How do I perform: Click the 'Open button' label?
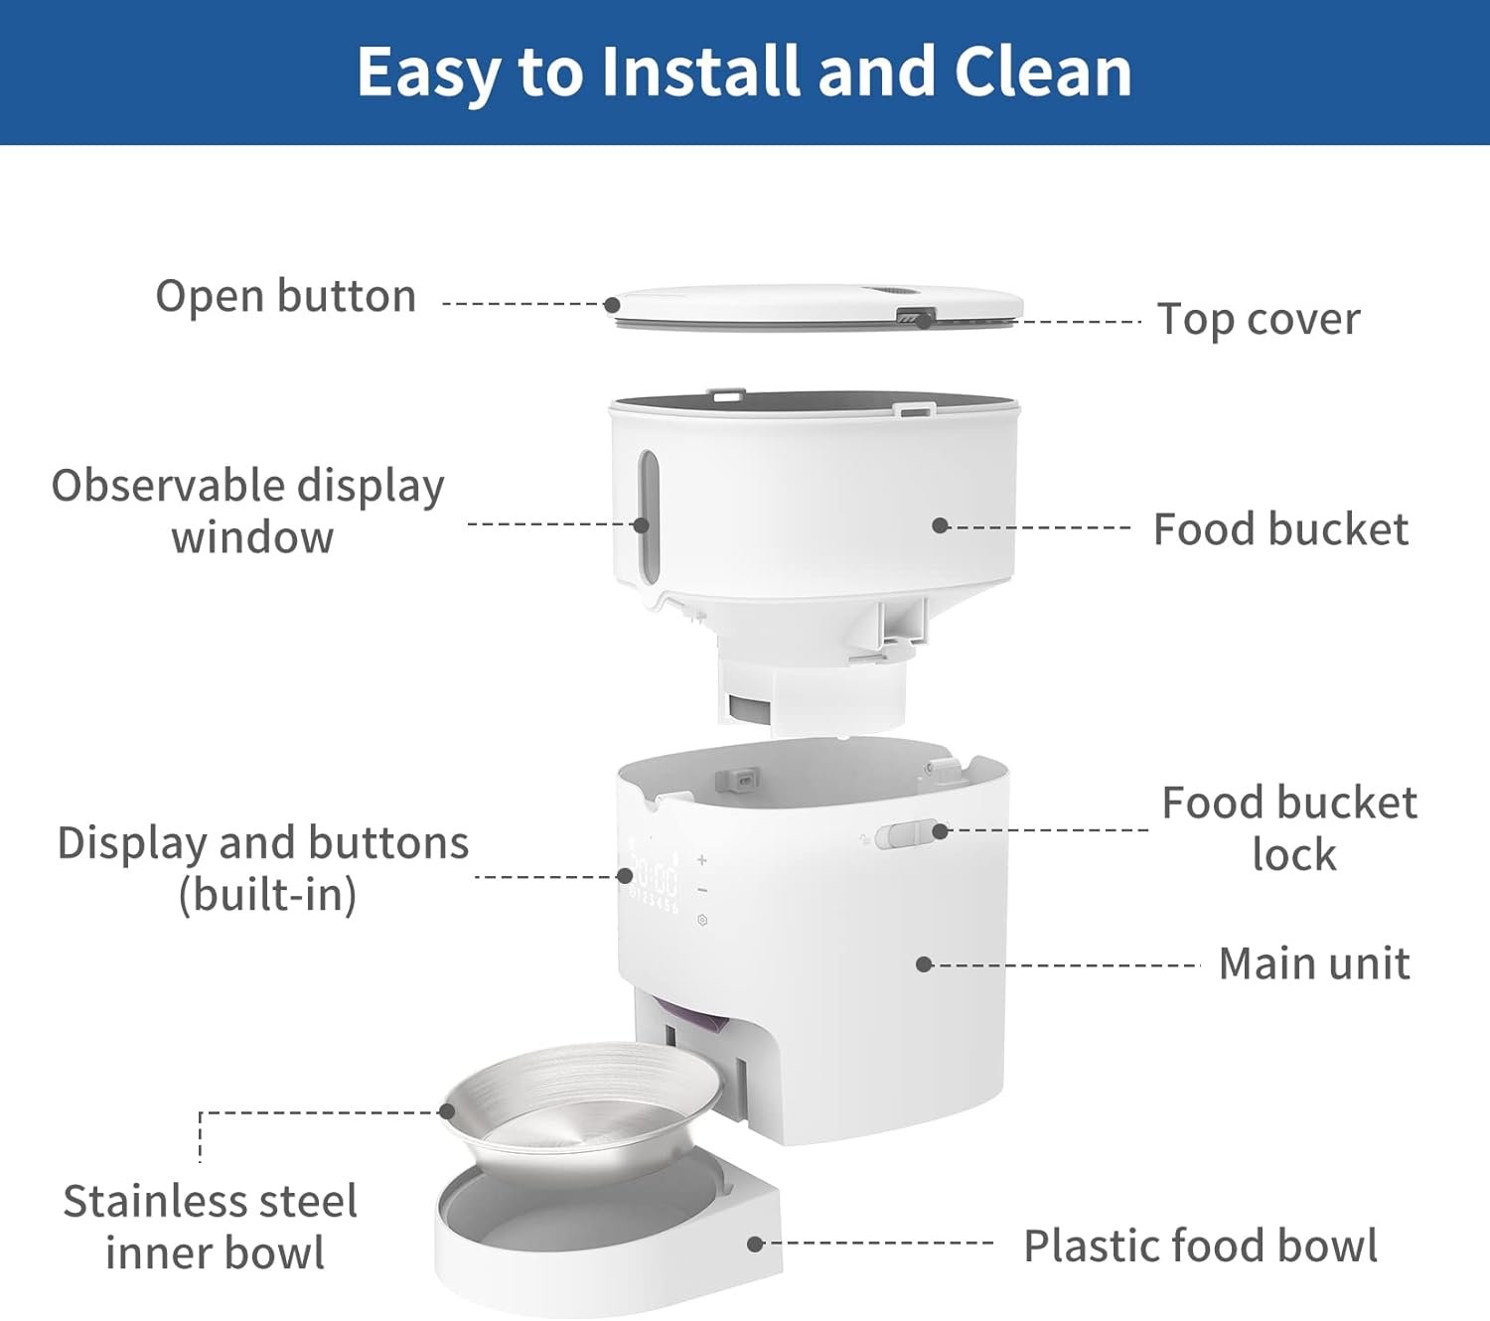pyautogui.click(x=285, y=297)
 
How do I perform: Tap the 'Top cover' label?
pyautogui.click(x=1259, y=320)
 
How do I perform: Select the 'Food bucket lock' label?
pyautogui.click(x=1289, y=828)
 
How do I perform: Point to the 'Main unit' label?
pyautogui.click(x=1314, y=963)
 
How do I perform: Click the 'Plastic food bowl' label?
pyautogui.click(x=1200, y=1246)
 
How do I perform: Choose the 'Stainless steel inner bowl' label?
pyautogui.click(x=211, y=1227)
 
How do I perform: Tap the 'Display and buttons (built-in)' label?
pyautogui.click(x=263, y=869)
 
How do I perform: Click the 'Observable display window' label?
pyautogui.click(x=248, y=511)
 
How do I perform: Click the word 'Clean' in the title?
pyautogui.click(x=1043, y=72)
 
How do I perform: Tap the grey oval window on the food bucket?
pyautogui.click(x=648, y=517)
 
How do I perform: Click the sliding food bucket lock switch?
pyautogui.click(x=908, y=835)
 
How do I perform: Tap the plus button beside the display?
pyautogui.click(x=702, y=859)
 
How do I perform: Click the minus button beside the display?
pyautogui.click(x=702, y=891)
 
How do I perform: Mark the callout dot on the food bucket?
pyautogui.click(x=940, y=525)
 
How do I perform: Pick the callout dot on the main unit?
pyautogui.click(x=925, y=964)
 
